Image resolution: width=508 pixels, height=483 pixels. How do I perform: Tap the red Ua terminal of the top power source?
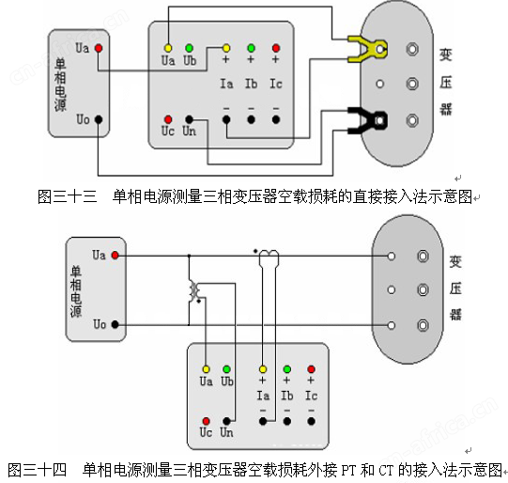pyautogui.click(x=99, y=48)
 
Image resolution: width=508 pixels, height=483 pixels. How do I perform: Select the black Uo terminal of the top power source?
pyautogui.click(x=99, y=119)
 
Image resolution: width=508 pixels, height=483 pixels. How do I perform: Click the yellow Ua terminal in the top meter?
pyautogui.click(x=168, y=48)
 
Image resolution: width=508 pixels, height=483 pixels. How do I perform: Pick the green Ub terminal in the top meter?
pyautogui.click(x=189, y=48)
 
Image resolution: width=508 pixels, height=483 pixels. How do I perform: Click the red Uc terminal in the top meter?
pyautogui.click(x=168, y=119)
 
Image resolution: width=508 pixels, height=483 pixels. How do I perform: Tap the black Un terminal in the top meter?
pyautogui.click(x=189, y=119)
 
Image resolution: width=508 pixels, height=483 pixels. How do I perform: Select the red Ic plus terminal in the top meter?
pyautogui.click(x=276, y=48)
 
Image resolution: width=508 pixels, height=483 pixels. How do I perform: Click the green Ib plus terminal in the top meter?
pyautogui.click(x=251, y=48)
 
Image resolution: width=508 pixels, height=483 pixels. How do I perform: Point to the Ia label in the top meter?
pyautogui.click(x=226, y=84)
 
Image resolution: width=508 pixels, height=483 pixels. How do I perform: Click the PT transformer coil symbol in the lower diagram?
pyautogui.click(x=195, y=290)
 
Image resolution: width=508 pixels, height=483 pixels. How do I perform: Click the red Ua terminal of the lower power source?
pyautogui.click(x=115, y=255)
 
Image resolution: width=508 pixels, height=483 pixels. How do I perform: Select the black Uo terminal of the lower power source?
pyautogui.click(x=115, y=324)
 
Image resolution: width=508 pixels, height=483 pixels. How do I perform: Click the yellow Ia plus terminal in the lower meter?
pyautogui.click(x=263, y=369)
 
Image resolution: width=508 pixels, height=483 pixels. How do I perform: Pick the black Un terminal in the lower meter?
pyautogui.click(x=226, y=421)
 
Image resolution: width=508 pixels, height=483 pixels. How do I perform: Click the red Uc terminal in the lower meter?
pyautogui.click(x=206, y=421)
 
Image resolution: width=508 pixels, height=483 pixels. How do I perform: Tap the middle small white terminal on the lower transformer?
pyautogui.click(x=392, y=289)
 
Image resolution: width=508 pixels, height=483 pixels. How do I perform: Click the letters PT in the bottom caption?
pyautogui.click(x=348, y=471)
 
